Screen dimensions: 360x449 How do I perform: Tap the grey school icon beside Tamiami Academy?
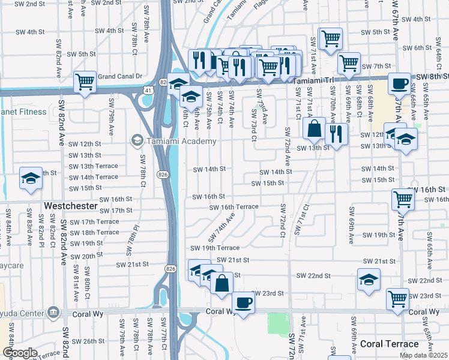point(136,141)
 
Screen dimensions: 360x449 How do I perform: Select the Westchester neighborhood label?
point(71,206)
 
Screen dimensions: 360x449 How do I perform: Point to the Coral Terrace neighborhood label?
point(390,344)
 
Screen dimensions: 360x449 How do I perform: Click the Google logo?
point(20,353)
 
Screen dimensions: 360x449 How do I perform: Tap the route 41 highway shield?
point(148,90)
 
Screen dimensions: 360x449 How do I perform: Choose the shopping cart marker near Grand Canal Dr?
point(85,81)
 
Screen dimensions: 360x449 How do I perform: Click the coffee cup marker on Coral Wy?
point(243,302)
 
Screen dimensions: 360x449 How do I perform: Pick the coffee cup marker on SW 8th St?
point(399,84)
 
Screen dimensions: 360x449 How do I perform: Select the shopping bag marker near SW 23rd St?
point(221,282)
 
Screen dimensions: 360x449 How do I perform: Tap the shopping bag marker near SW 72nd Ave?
point(314,128)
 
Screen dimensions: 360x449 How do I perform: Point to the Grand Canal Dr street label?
point(119,76)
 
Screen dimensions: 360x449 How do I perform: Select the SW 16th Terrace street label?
point(234,207)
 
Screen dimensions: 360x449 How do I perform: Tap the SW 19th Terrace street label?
point(215,248)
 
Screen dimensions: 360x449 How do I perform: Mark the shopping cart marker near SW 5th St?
point(330,39)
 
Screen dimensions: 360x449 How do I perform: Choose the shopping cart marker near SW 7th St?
point(348,62)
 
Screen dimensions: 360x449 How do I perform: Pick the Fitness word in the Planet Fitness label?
point(33,112)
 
